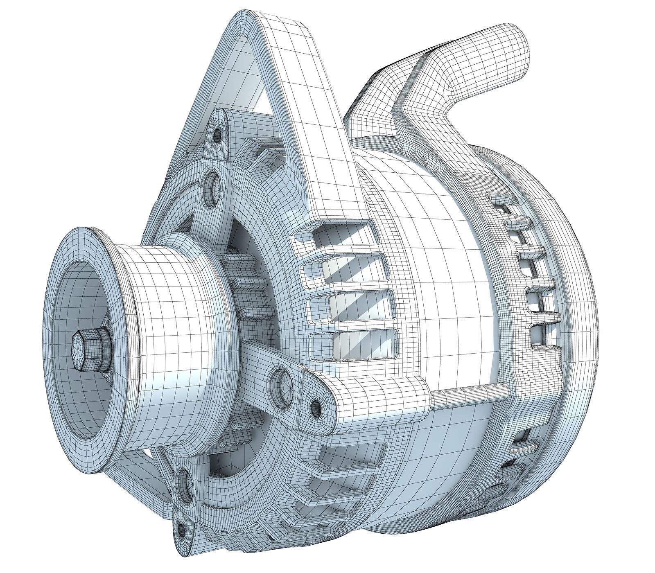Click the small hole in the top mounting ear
click(x=217, y=135)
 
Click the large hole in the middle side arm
click(x=282, y=380)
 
